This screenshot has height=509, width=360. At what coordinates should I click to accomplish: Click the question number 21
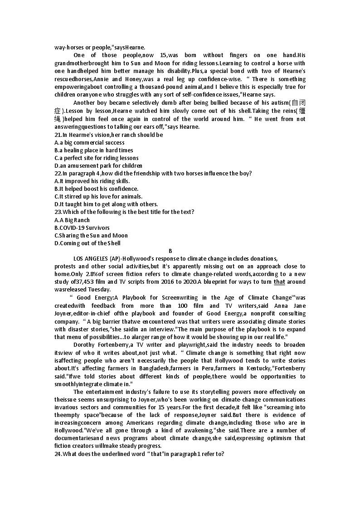[58, 135]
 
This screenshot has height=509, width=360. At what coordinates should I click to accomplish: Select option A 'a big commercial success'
[89, 142]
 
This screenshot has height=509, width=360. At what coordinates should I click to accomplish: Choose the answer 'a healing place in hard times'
[94, 150]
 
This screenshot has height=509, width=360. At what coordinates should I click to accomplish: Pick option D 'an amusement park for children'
[98, 165]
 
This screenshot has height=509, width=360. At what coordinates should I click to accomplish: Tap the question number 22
[58, 173]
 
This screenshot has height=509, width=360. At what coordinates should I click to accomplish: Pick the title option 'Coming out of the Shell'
[88, 243]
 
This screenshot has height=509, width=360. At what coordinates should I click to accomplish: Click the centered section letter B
[170, 251]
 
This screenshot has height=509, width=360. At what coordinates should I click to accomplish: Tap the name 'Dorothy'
[84, 345]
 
